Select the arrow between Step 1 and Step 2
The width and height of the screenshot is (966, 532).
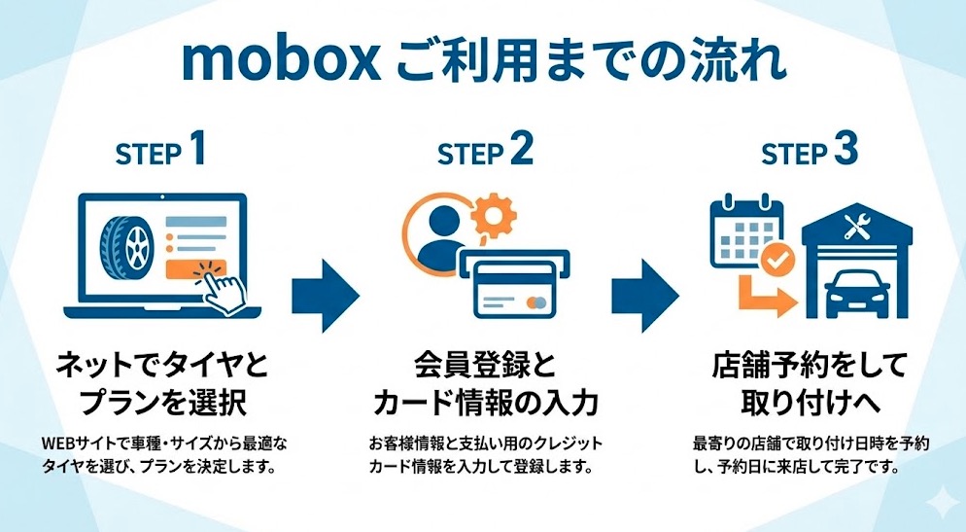click(x=326, y=292)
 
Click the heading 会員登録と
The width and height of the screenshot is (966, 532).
click(x=484, y=367)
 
